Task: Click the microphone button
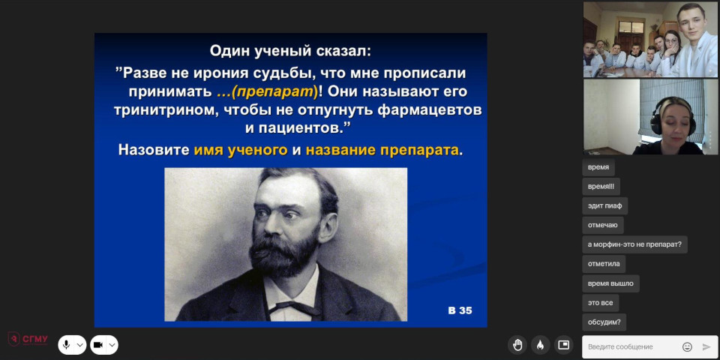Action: (67, 345)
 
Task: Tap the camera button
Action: (98, 345)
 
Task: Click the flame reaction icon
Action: (541, 345)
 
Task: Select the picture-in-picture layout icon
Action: (563, 345)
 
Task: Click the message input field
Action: (631, 346)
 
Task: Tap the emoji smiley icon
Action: (688, 346)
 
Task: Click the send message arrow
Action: (706, 346)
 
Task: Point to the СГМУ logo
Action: (28, 339)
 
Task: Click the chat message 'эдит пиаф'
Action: (604, 205)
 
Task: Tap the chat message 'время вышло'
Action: (610, 283)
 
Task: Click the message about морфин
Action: (634, 244)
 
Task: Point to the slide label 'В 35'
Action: (460, 310)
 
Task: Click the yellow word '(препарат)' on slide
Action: (274, 91)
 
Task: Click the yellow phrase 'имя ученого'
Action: (241, 150)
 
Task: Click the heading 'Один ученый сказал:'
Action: (290, 51)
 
